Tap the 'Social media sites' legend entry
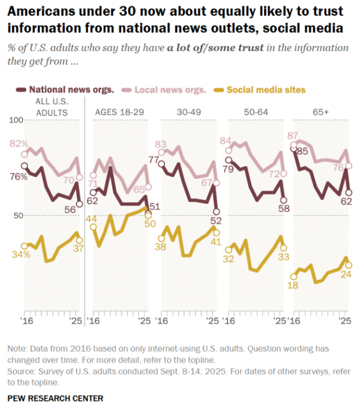[x=266, y=90]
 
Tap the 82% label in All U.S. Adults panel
[x=19, y=143]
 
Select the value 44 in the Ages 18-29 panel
[x=91, y=218]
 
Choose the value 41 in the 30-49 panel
[x=215, y=240]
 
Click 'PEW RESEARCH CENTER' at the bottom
[x=55, y=398]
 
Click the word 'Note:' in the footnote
[x=18, y=349]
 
